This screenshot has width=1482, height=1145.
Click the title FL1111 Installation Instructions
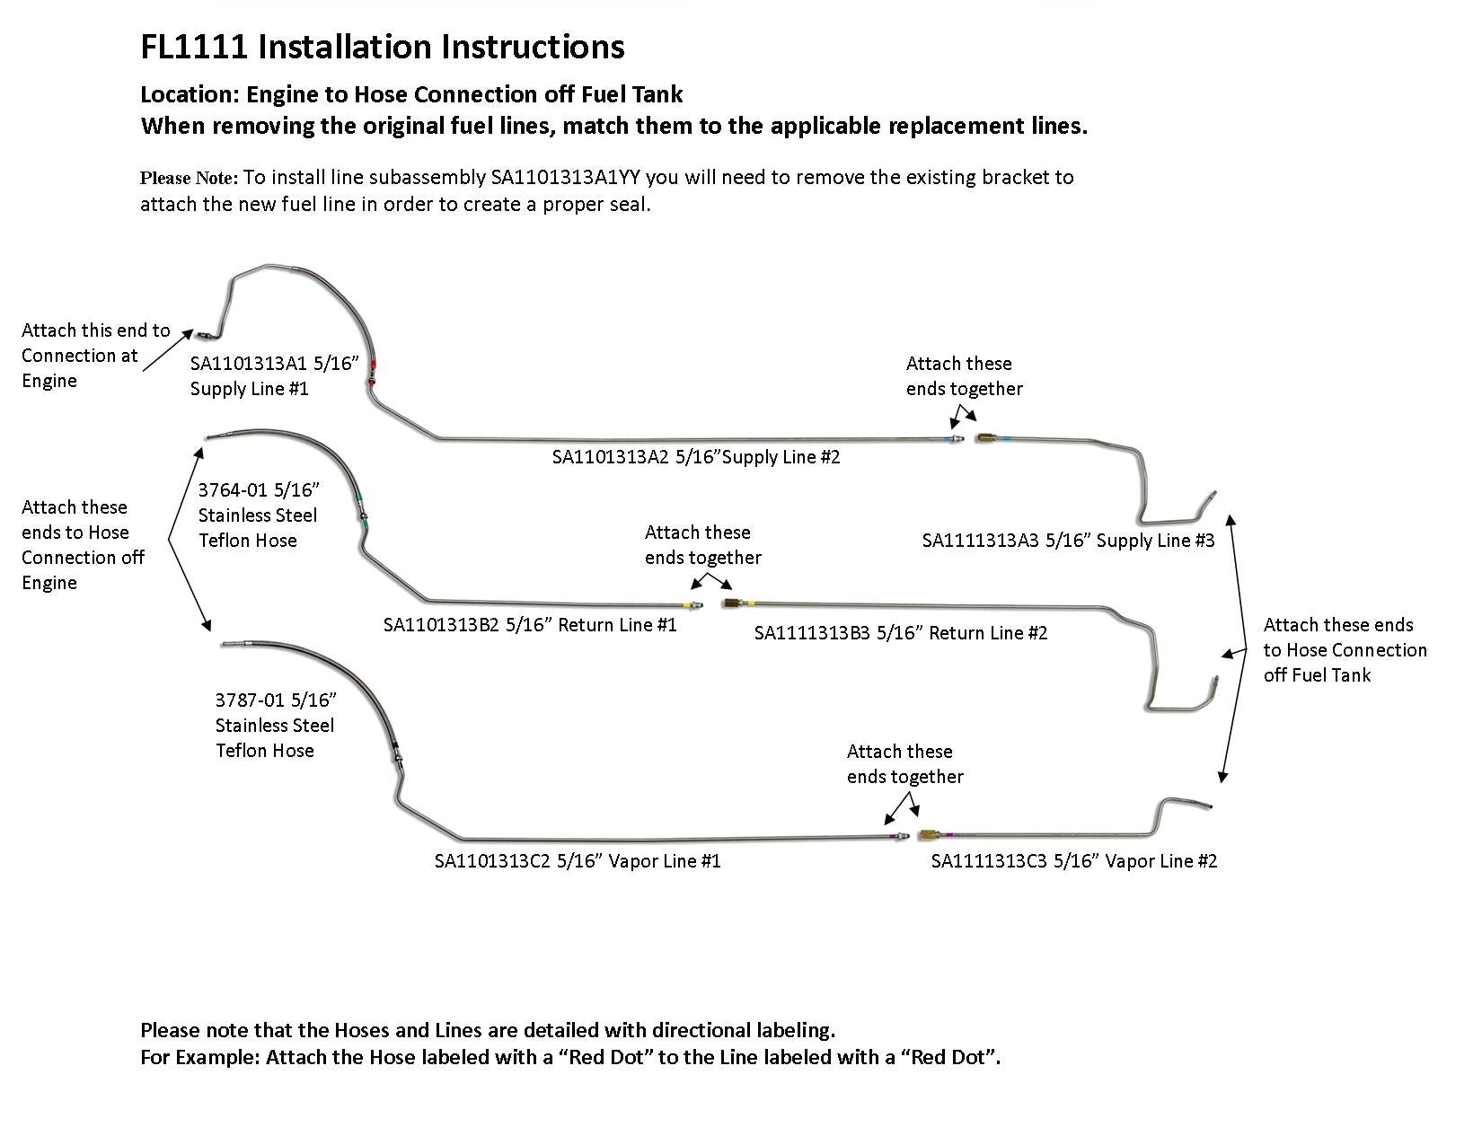pos(382,48)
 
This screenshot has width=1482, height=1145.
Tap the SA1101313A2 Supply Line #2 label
pos(696,457)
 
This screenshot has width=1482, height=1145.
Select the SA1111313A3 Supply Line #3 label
pos(1068,541)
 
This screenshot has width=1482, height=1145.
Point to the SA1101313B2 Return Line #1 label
pos(530,625)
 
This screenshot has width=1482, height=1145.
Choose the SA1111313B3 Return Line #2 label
pos(901,633)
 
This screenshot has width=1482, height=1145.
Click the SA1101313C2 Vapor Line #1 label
pos(578,861)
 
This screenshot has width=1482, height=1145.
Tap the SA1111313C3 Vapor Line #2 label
pos(1074,861)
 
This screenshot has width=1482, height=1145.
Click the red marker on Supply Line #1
pos(374,366)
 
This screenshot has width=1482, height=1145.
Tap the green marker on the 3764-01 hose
pos(359,497)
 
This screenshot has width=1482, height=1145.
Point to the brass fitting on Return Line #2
pos(731,603)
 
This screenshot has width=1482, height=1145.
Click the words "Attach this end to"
pos(95,330)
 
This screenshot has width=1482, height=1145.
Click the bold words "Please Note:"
pos(189,178)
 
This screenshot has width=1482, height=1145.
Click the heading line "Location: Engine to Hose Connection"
pos(411,94)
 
